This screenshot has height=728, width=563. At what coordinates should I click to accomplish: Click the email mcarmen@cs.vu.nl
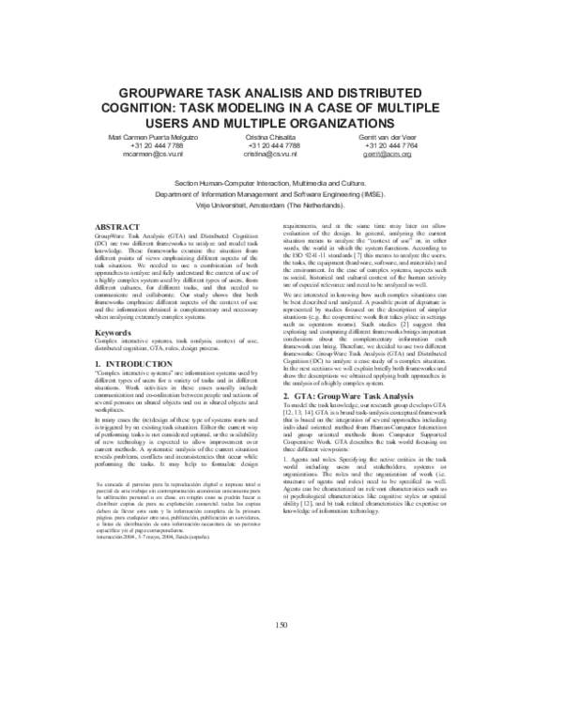click(158, 155)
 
